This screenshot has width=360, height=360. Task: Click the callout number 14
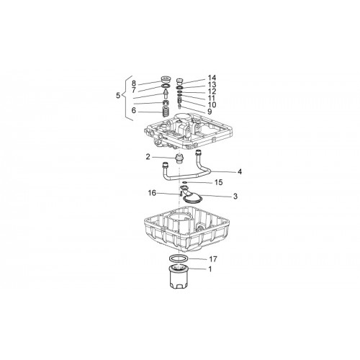(x=212, y=78)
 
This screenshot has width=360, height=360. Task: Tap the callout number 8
(x=134, y=84)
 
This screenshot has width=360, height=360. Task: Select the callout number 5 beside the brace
(x=118, y=96)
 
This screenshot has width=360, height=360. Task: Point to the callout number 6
(x=134, y=111)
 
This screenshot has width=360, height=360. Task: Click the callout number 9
(x=210, y=112)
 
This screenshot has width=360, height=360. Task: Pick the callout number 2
(x=148, y=157)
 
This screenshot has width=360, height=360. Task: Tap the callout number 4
(x=240, y=172)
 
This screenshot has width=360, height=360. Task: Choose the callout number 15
(x=218, y=182)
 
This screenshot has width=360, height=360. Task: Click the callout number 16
(x=152, y=193)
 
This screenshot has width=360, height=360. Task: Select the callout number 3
(x=235, y=197)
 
